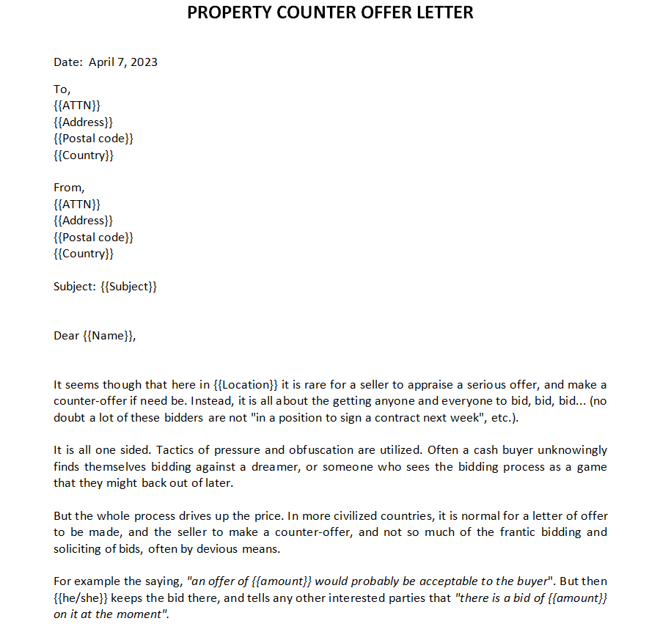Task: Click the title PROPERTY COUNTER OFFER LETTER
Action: (330, 12)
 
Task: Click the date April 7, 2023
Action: (123, 62)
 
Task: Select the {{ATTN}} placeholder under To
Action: (77, 106)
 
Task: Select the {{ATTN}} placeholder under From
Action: (77, 204)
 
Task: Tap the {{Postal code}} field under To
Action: (94, 139)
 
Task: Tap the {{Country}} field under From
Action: (84, 254)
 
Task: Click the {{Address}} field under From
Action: (84, 221)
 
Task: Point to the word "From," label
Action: (69, 188)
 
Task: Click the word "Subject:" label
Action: (75, 286)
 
